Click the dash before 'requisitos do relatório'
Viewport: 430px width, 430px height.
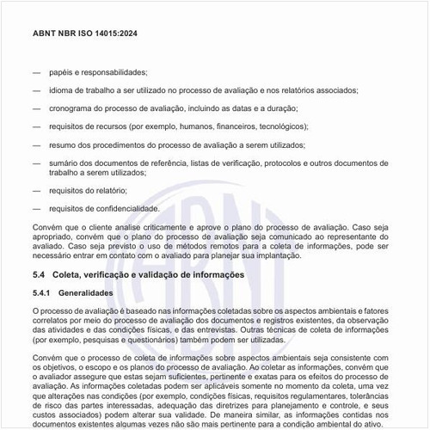click(36, 190)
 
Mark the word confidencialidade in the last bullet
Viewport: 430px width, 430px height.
click(127, 208)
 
